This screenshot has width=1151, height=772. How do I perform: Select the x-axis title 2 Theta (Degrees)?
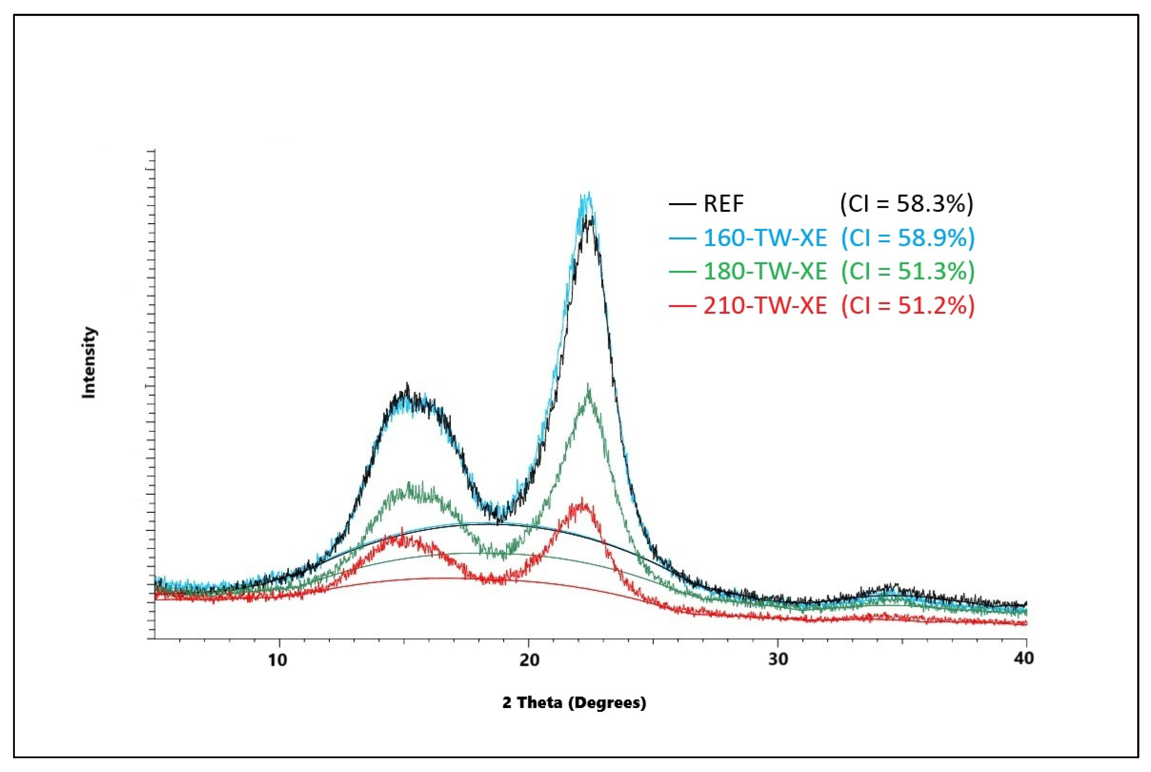pos(574,703)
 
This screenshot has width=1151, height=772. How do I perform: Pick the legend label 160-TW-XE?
pos(765,238)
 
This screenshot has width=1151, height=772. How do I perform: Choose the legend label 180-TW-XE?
pos(765,271)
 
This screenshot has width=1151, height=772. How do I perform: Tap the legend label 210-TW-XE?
pos(765,306)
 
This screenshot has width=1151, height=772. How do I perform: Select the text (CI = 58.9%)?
pos(908,238)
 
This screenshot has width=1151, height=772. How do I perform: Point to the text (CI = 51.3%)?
pos(908,271)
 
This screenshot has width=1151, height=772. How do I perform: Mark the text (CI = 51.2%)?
pos(908,306)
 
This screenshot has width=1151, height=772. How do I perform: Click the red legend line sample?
pos(682,306)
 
